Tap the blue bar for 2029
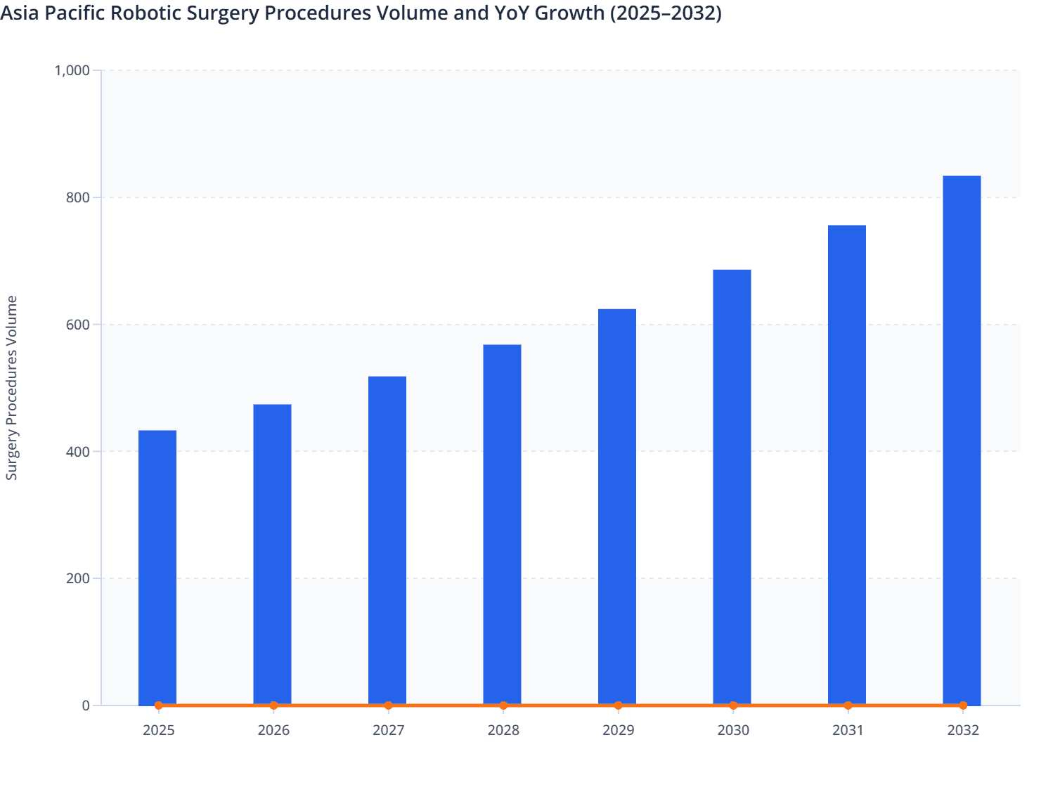[x=617, y=506]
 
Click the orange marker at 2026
[x=273, y=705]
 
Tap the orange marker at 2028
[x=503, y=705]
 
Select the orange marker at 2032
[x=963, y=705]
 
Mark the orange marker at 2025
[x=158, y=705]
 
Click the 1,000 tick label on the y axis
[x=72, y=70]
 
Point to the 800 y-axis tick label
[x=79, y=197]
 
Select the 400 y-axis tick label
[x=79, y=451]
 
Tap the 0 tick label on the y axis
[x=86, y=705]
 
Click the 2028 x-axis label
[x=503, y=731]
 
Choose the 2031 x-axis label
[x=848, y=731]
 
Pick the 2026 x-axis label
[x=273, y=731]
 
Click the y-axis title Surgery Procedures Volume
[x=12, y=388]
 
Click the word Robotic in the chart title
[x=163, y=13]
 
